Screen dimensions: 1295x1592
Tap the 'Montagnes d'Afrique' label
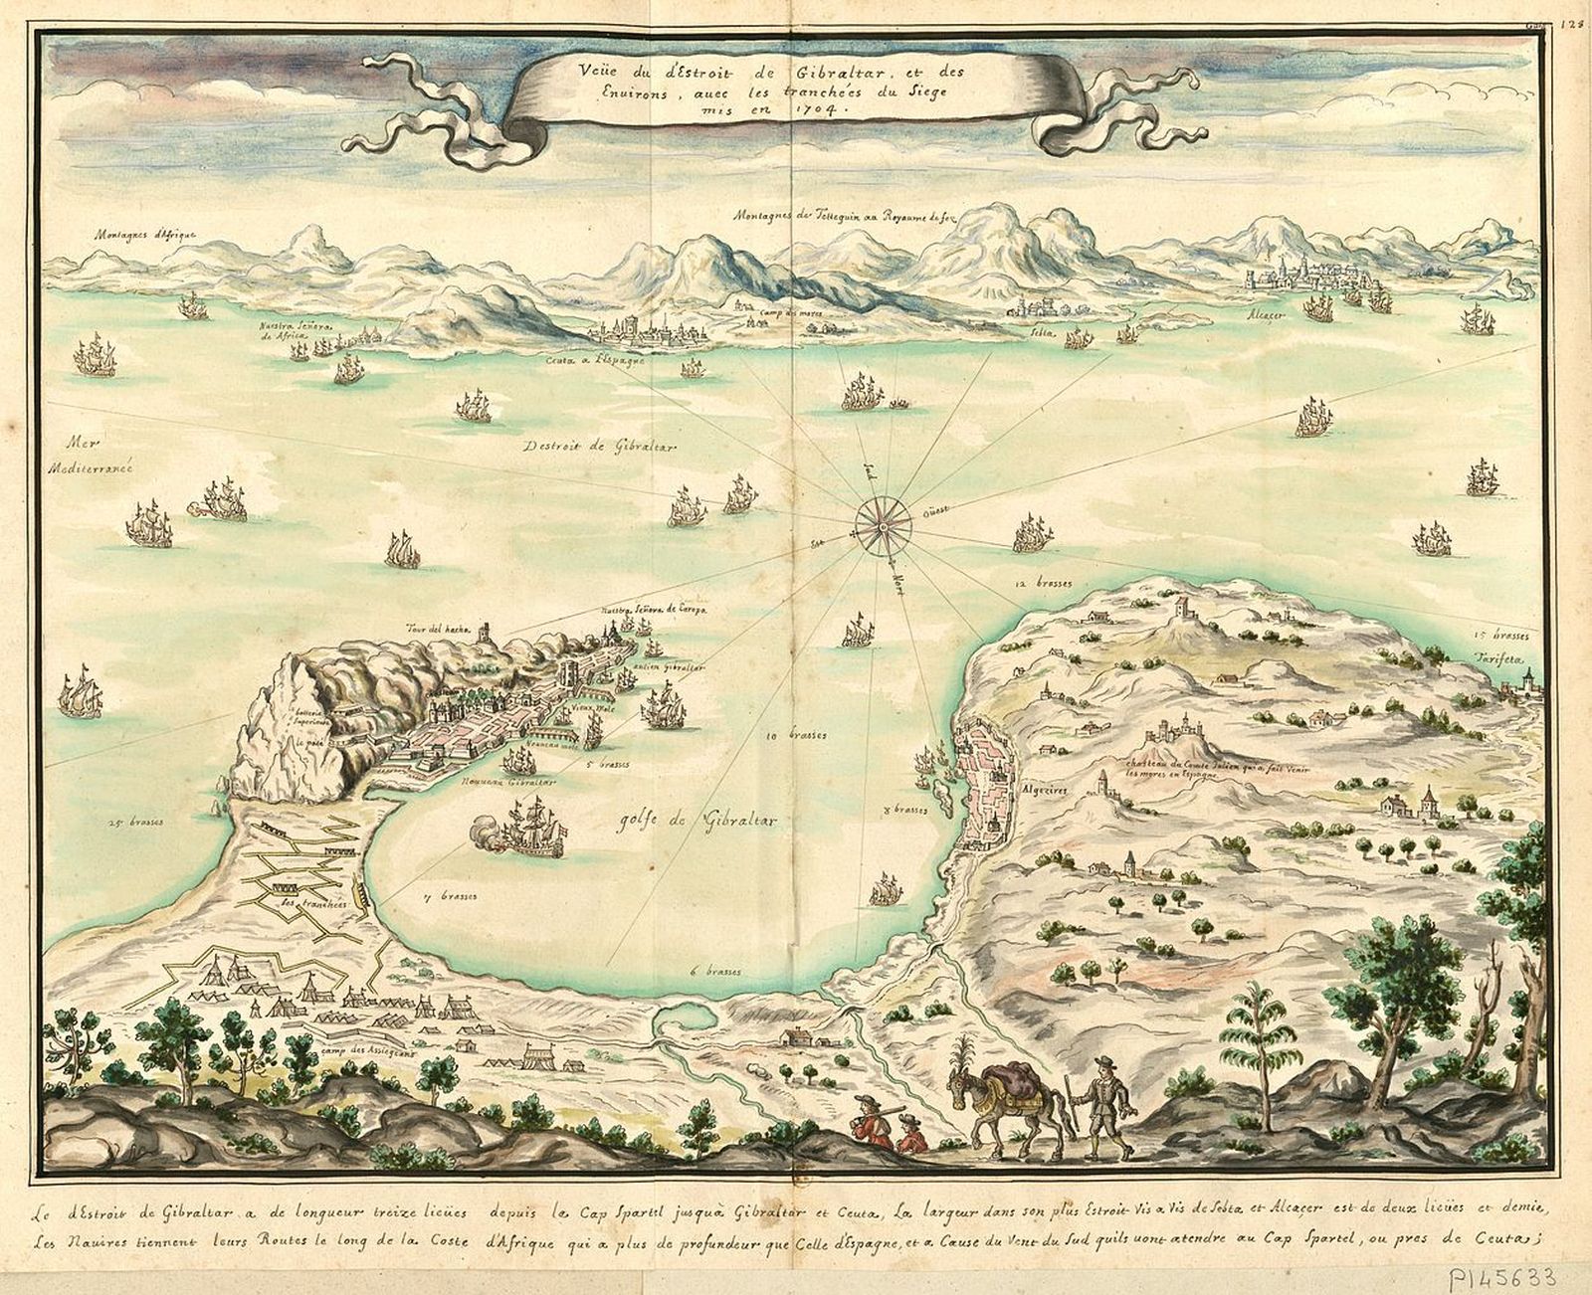[x=146, y=235]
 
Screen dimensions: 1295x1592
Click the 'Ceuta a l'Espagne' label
[x=595, y=361]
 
